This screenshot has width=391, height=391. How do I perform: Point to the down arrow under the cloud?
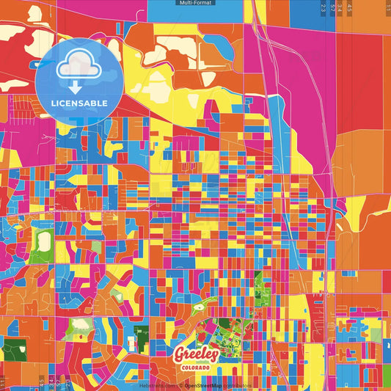point(76,87)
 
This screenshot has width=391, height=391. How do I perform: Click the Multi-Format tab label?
point(195,4)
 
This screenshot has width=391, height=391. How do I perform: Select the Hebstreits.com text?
point(156,384)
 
